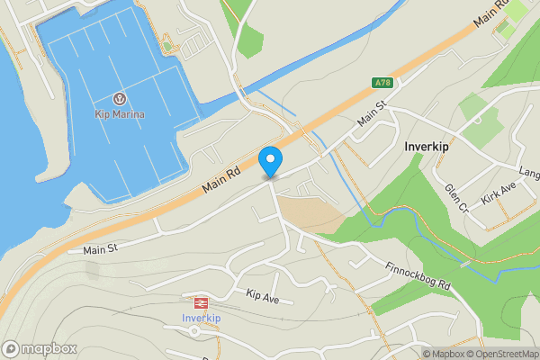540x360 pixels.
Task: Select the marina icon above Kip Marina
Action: (x=119, y=98)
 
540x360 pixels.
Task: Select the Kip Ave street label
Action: (x=264, y=294)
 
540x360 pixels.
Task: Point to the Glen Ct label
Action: (x=457, y=199)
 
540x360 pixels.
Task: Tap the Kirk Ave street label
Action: (x=498, y=191)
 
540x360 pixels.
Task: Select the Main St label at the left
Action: (x=101, y=248)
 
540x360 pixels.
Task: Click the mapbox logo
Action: (x=40, y=349)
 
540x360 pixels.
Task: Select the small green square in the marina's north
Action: (x=166, y=46)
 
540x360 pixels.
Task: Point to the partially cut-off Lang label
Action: (x=528, y=172)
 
